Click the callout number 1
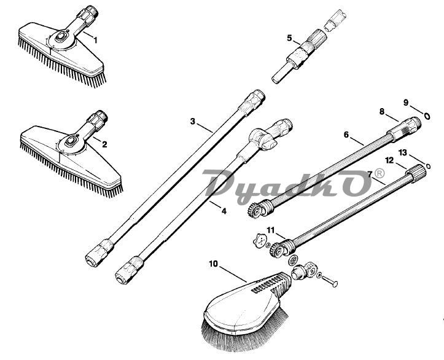[95, 41]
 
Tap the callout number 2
[104, 144]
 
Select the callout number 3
[193, 122]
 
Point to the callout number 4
[224, 211]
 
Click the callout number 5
[289, 37]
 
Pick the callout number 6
[346, 135]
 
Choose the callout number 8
[382, 112]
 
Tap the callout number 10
[214, 264]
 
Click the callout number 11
[271, 230]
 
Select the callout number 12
[389, 160]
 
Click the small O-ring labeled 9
[427, 116]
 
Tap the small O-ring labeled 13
[428, 166]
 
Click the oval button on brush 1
[61, 36]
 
